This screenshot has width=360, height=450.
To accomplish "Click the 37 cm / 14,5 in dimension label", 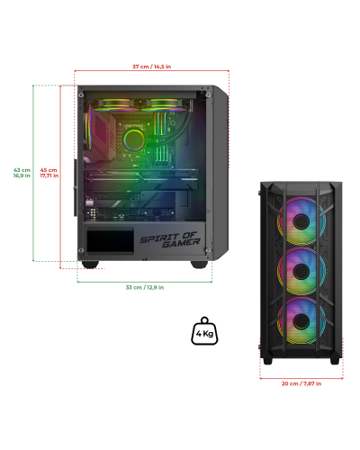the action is (152, 67).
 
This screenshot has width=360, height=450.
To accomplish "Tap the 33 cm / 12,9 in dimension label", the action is (145, 287).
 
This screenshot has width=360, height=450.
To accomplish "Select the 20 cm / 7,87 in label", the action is (301, 383).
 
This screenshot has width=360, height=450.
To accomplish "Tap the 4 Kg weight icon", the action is (204, 331).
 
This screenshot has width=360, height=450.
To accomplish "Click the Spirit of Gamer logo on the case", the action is (170, 239).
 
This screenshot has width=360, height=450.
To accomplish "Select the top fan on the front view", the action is (301, 221).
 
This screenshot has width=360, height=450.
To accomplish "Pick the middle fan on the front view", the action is (301, 271).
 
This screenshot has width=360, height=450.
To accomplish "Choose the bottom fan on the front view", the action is (301, 321).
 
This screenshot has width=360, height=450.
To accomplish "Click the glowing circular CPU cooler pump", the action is (134, 139).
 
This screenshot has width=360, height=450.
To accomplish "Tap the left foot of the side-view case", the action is (90, 265).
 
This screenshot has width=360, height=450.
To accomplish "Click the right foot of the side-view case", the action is (199, 265).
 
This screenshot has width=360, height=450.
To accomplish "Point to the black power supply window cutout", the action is (110, 240).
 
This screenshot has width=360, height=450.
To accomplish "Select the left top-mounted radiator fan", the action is (113, 104).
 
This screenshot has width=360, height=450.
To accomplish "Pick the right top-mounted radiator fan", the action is (165, 104).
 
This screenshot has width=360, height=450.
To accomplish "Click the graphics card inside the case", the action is (141, 179).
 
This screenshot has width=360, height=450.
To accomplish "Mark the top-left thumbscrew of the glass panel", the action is (81, 95).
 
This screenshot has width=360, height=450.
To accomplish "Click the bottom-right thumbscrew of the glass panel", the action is (208, 250).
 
